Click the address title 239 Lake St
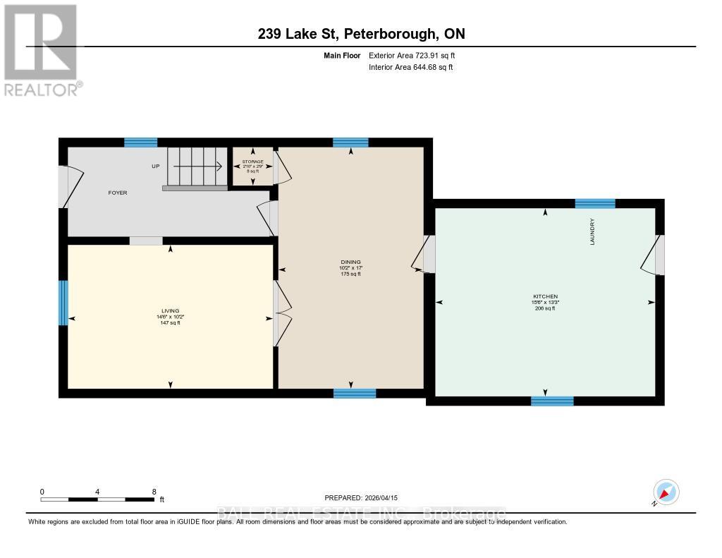361,34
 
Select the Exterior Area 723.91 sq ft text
417,55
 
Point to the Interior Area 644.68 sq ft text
410,68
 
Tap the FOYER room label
118,193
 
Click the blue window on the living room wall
63,303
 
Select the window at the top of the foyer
140,142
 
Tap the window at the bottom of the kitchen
551,401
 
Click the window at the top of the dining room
350,142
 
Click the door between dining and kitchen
426,254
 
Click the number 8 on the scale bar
154,491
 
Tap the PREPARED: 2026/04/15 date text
360,496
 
